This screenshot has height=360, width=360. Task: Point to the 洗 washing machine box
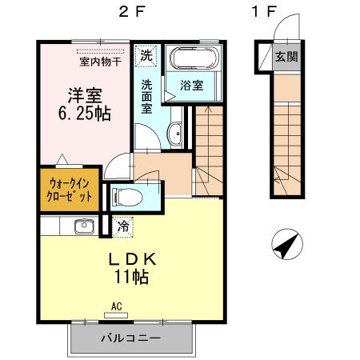click(146, 56)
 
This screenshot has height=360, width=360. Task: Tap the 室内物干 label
click(100, 59)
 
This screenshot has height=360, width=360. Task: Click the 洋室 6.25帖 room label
click(83, 103)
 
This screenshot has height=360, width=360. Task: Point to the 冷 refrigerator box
click(122, 226)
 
